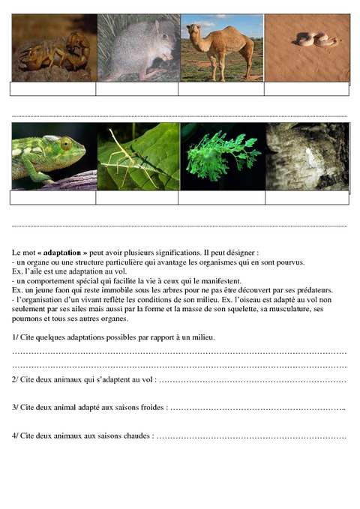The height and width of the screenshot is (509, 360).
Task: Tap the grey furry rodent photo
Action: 137,49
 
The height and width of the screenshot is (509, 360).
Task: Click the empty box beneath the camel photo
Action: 220,89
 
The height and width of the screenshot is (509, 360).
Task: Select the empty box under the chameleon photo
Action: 52,198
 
